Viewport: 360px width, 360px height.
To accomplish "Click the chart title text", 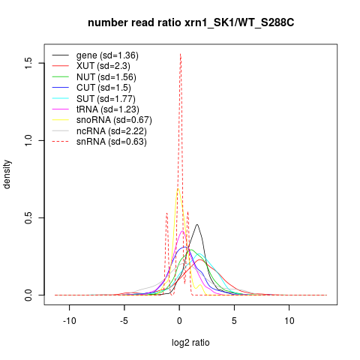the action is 191,22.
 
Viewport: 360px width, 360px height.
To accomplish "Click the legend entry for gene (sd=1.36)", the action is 107,55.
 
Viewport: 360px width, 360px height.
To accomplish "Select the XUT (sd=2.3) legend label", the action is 103,66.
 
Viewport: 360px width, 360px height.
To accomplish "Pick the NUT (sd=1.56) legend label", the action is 106,77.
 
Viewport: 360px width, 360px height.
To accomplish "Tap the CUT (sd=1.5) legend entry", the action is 103,88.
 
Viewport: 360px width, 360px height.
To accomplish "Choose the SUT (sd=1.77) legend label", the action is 106,99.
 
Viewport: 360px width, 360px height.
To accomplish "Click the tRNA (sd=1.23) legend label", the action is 108,109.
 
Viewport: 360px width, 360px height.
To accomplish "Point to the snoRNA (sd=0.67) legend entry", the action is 114,120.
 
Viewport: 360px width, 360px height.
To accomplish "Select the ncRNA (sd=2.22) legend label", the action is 112,131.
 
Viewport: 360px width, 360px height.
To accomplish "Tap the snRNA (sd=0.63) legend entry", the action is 112,142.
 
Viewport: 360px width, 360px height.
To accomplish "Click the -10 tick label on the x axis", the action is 70,320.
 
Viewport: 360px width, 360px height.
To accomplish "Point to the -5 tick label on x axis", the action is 124,320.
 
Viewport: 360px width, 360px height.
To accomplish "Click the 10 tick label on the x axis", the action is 289,320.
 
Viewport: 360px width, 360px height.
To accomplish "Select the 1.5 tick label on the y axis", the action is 28,63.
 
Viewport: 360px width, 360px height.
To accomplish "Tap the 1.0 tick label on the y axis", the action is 28,140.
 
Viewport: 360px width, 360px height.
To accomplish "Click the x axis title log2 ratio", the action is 190,343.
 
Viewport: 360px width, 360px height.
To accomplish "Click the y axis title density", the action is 7,175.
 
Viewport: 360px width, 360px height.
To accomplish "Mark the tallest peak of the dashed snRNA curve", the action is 180,54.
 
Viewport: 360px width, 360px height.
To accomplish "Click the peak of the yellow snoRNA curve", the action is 178,188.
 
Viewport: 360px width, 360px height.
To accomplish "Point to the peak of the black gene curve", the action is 197,224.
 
